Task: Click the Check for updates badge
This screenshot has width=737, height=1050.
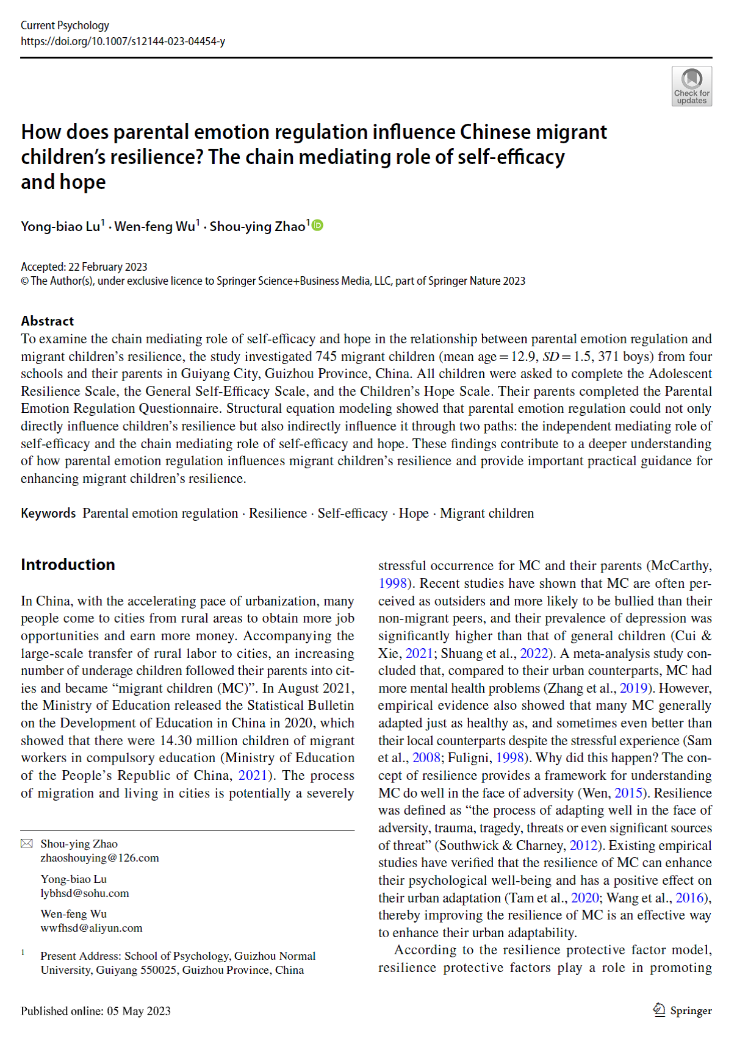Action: click(x=691, y=86)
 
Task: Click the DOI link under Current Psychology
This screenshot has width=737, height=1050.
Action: click(x=123, y=41)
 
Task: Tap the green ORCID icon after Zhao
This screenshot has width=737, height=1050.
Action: click(x=318, y=226)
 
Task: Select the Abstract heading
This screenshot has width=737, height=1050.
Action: click(x=47, y=321)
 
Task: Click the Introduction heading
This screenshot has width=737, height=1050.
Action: click(x=68, y=565)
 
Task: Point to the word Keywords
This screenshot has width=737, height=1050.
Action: click(x=48, y=513)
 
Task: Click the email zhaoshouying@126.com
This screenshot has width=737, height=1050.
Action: click(x=99, y=858)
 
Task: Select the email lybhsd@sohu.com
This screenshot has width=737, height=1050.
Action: click(x=85, y=893)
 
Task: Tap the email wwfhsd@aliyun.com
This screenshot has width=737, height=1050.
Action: click(x=92, y=928)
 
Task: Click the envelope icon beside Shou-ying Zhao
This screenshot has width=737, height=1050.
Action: click(x=27, y=844)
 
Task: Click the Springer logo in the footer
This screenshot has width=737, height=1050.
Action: click(x=682, y=1010)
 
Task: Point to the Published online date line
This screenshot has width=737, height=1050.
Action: click(x=96, y=1011)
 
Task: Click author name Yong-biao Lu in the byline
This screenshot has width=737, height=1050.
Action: click(x=60, y=227)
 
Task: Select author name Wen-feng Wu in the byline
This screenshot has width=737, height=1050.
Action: click(x=155, y=227)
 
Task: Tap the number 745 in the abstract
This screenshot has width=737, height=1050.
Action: click(x=326, y=356)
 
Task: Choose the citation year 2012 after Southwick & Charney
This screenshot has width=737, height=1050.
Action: click(x=583, y=846)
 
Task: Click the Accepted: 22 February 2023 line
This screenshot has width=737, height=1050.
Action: click(x=84, y=267)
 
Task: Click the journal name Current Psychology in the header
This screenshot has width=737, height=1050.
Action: click(x=65, y=26)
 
